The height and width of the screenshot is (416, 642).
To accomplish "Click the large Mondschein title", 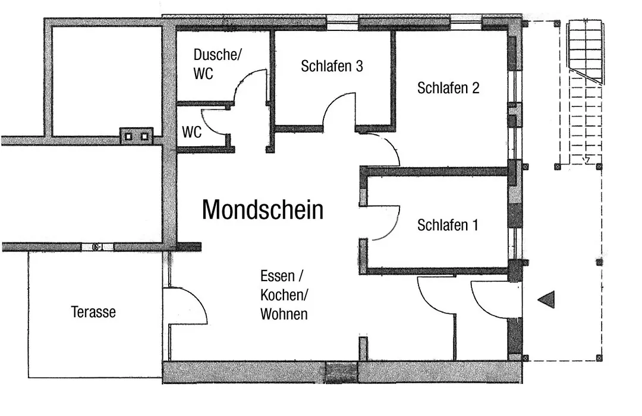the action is pos(263,210).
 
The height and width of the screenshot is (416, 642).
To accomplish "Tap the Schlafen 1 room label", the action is pos(448,225).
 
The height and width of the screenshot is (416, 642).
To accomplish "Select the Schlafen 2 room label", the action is pos(448,87).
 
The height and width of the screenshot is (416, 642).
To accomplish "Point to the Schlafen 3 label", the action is pos(332,66).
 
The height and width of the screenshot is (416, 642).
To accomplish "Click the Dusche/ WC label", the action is pos(218,64).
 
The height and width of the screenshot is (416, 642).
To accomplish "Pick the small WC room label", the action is pos(191,133).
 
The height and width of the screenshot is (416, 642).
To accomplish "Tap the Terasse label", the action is pos(93,312).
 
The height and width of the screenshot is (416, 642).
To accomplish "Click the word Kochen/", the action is pos(284,295).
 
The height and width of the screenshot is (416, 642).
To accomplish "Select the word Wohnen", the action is pos(284,314).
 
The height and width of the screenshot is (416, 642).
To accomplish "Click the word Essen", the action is pos(277,276).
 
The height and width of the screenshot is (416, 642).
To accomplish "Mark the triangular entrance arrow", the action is pos(546,300).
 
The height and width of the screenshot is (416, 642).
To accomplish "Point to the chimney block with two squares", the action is pos(136,136).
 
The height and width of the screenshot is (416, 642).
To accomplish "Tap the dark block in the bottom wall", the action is pos(341,372).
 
